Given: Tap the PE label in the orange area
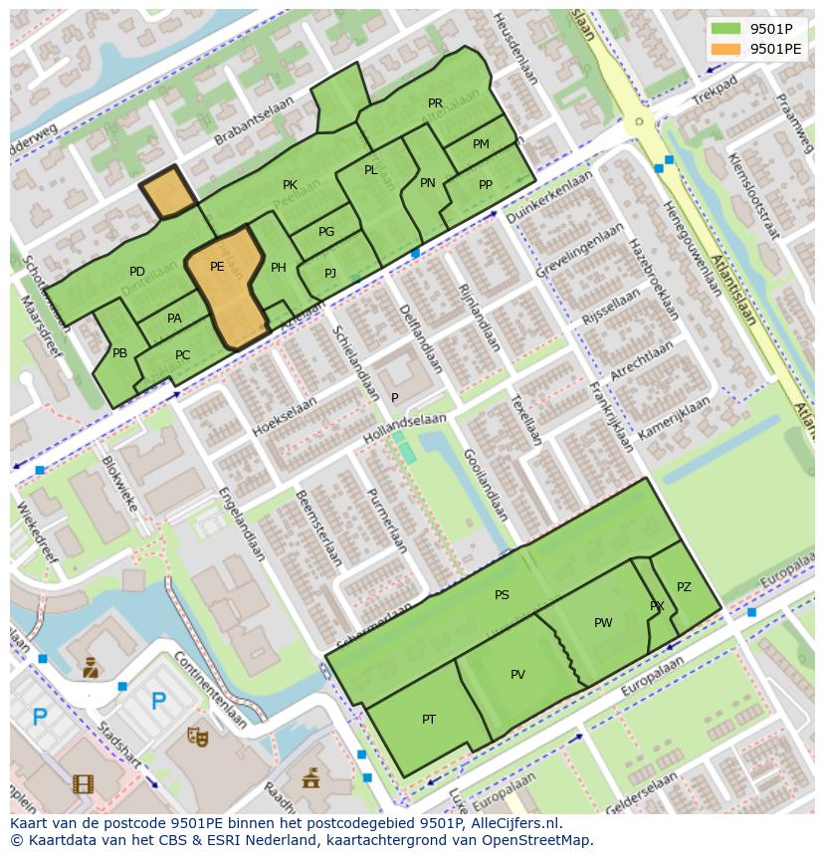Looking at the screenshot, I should pyautogui.click(x=217, y=267).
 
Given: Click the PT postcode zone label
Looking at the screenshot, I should pyautogui.click(x=429, y=720).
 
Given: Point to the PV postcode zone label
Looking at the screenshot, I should pyautogui.click(x=517, y=675).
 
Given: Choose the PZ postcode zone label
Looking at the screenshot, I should pyautogui.click(x=684, y=587).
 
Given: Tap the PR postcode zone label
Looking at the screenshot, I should pyautogui.click(x=435, y=104).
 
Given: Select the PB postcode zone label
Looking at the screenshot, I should pyautogui.click(x=119, y=353).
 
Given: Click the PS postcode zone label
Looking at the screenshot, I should pyautogui.click(x=502, y=595).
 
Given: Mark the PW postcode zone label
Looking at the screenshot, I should pyautogui.click(x=603, y=623).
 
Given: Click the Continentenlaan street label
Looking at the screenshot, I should pyautogui.click(x=210, y=688).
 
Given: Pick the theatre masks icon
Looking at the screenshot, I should pyautogui.click(x=198, y=736).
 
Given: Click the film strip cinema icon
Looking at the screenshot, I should pyautogui.click(x=83, y=783).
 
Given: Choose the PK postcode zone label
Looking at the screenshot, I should pyautogui.click(x=290, y=185).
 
